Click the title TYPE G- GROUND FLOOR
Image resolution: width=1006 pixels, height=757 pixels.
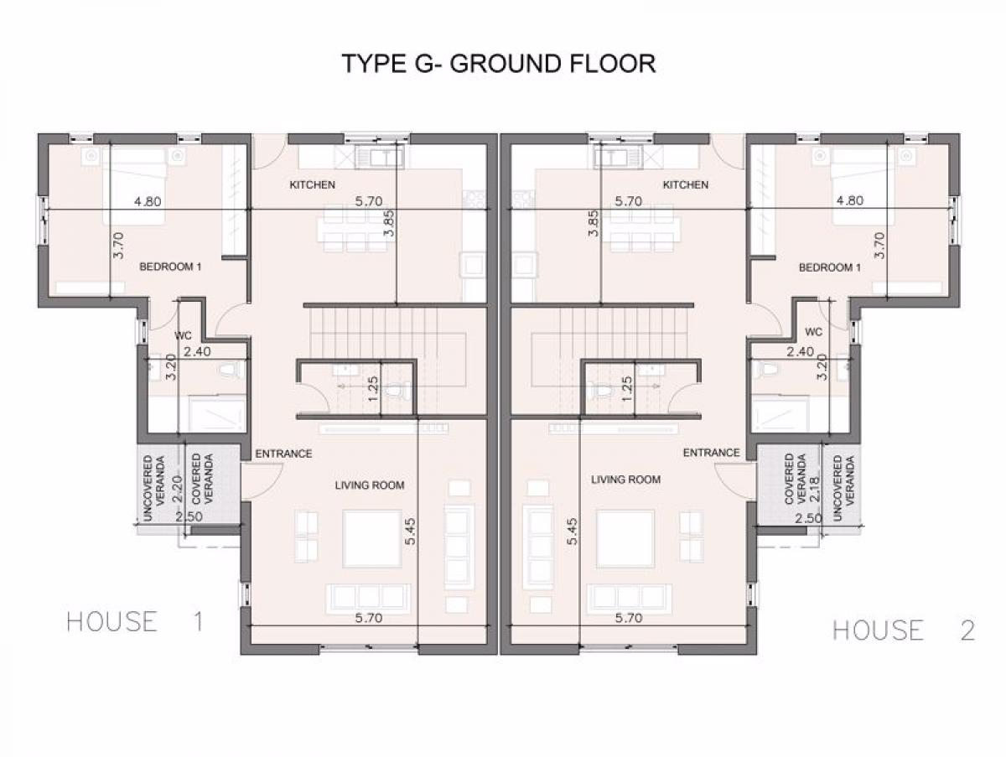click(499, 64)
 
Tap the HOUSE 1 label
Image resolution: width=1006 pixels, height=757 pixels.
click(135, 622)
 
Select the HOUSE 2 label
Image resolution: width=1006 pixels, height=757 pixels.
click(904, 630)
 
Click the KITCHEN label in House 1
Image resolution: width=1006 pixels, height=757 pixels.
click(312, 184)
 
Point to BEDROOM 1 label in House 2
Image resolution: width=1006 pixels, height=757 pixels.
click(830, 267)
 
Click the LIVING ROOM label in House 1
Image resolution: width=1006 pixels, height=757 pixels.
click(370, 485)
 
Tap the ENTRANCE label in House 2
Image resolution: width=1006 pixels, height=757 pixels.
click(711, 453)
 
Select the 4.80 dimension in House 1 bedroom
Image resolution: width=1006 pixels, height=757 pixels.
click(148, 201)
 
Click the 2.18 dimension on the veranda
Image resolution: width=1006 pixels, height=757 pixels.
click(815, 489)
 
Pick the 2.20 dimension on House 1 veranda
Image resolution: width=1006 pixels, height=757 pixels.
click(178, 489)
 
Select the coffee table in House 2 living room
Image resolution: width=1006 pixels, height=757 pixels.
click(625, 539)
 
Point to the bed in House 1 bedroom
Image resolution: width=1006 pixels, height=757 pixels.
click(134, 186)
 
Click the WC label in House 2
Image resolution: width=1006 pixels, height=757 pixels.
click(813, 332)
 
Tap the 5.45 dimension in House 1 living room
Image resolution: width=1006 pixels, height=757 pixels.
click(410, 531)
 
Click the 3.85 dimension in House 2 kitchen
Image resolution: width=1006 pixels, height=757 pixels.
click(594, 223)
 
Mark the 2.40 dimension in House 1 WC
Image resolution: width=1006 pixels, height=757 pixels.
click(197, 351)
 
